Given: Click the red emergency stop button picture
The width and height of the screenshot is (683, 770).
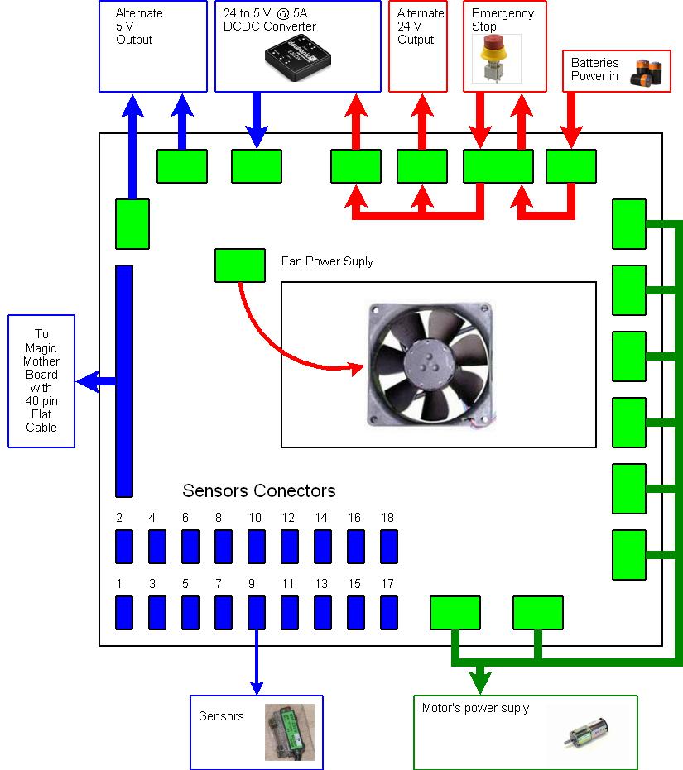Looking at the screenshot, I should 497,58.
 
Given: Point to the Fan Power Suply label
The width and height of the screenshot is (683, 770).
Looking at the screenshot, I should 327,261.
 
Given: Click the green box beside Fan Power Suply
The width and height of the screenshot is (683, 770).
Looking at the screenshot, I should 240,265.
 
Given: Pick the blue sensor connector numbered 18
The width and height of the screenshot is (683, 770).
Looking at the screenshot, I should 389,546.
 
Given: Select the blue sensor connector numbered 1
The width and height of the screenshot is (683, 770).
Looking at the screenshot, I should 124,612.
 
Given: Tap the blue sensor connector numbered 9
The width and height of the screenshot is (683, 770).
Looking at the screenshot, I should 257,612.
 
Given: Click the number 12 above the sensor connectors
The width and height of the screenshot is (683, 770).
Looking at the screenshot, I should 288,518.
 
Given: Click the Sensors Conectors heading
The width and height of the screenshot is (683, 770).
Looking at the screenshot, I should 259,490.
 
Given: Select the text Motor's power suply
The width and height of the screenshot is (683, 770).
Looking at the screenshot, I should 475,708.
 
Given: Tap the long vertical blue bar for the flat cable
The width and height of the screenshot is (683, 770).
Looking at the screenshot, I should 124,380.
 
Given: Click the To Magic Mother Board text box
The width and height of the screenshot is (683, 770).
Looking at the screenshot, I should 41,381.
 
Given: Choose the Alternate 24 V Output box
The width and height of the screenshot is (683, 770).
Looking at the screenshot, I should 417,45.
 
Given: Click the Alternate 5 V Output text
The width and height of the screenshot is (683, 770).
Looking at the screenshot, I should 139,26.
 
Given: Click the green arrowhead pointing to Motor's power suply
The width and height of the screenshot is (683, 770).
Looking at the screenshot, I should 479,683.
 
